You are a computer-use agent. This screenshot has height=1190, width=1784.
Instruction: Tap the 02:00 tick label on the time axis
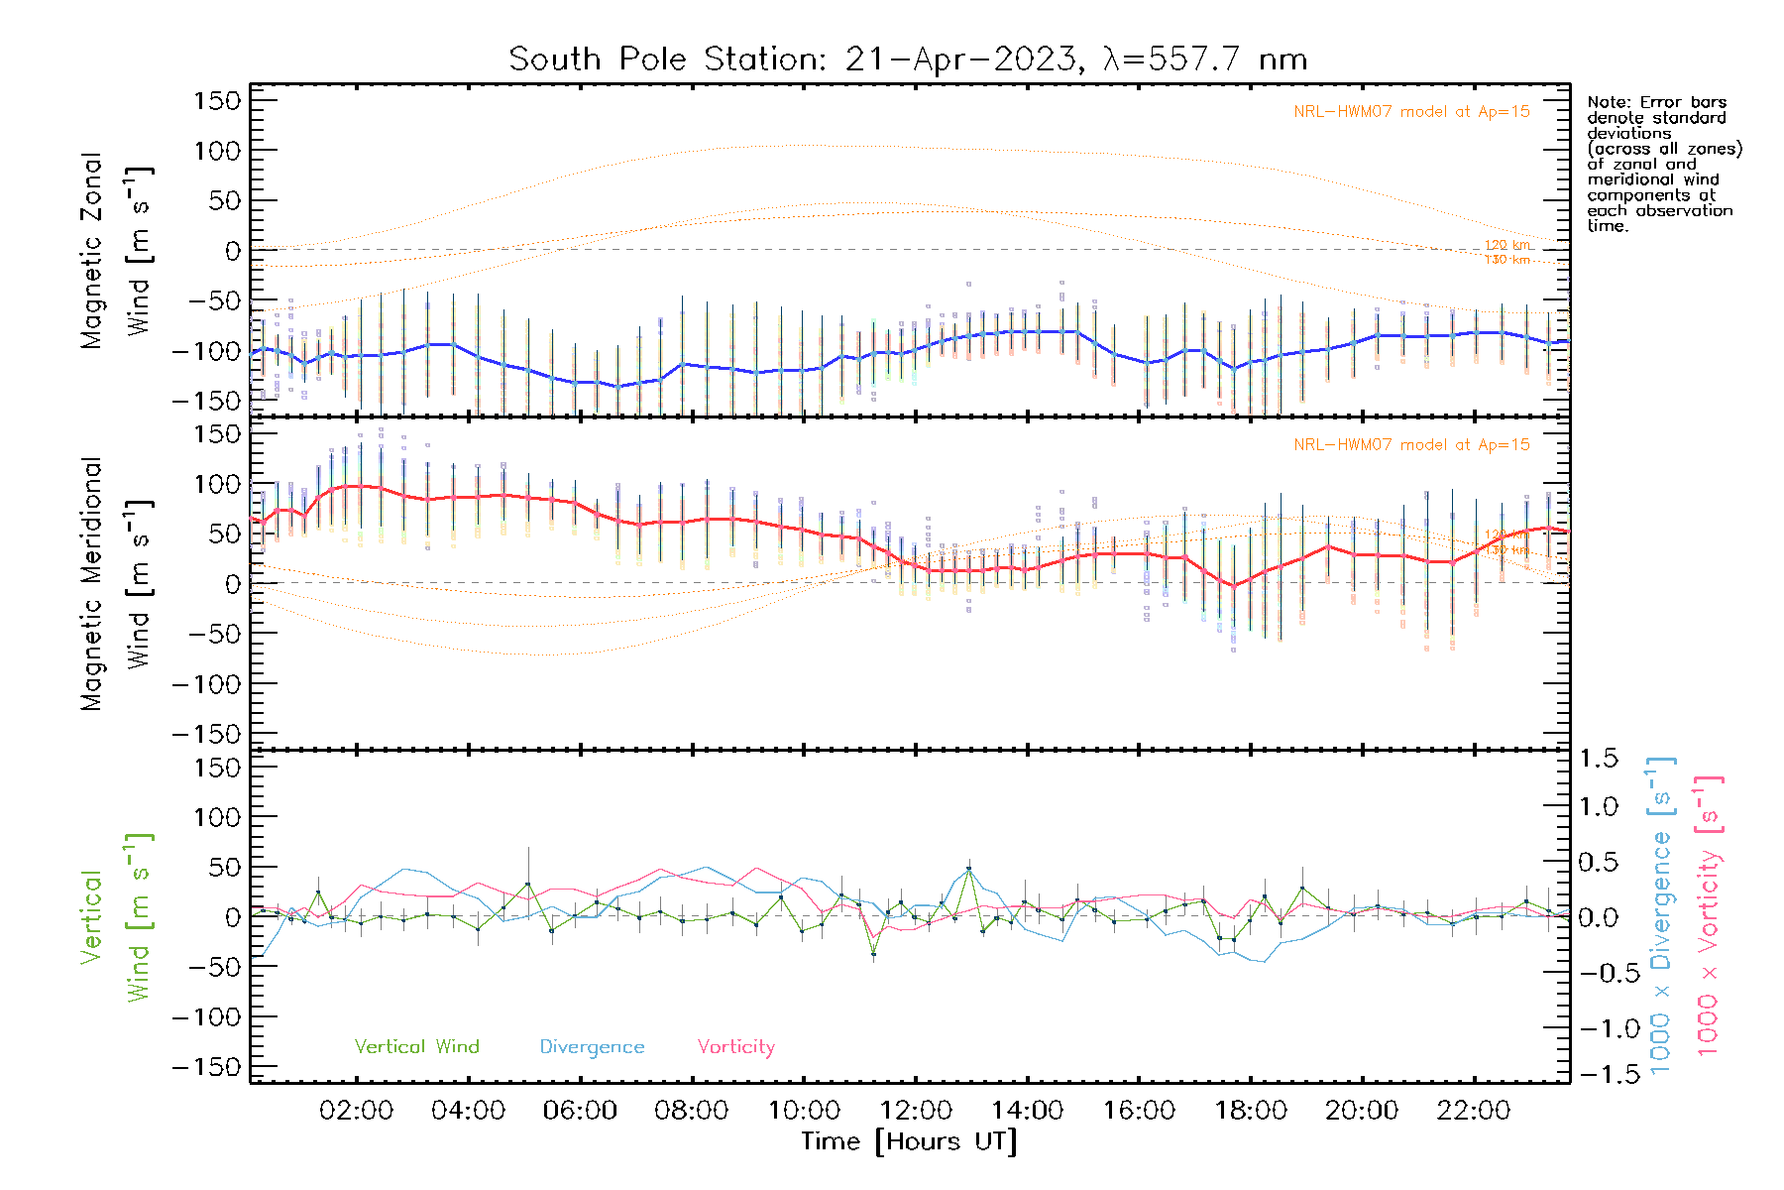tap(356, 1111)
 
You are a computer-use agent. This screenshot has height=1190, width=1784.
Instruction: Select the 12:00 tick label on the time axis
tap(915, 1111)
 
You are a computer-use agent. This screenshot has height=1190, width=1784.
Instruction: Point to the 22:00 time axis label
tap(1474, 1111)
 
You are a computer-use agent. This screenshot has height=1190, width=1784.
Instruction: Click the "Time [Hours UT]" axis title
tap(909, 1141)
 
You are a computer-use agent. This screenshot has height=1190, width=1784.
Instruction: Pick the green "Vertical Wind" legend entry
tap(416, 1047)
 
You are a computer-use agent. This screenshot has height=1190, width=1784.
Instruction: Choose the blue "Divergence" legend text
tap(592, 1047)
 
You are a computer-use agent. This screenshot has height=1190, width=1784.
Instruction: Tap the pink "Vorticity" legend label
tap(735, 1047)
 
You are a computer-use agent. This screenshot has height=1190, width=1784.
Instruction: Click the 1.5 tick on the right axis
tap(1599, 759)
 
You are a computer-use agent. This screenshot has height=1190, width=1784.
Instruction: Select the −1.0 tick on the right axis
tap(1599, 1028)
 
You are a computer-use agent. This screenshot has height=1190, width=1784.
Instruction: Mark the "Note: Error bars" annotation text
tap(1656, 102)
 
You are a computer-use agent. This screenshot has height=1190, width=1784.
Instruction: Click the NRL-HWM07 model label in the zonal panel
tap(1411, 112)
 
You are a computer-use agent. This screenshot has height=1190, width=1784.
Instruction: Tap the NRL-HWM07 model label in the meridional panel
tap(1411, 445)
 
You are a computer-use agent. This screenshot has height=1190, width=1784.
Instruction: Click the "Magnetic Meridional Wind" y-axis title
tap(114, 584)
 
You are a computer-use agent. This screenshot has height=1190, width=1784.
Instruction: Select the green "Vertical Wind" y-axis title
tap(114, 917)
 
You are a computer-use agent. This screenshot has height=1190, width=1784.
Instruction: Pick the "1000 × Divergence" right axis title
tap(1661, 917)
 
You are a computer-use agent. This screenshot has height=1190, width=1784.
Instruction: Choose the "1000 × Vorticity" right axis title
tap(1709, 917)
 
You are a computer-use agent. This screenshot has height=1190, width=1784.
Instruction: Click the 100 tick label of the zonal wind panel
tap(218, 151)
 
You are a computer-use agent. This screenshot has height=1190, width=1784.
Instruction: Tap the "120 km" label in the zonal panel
tap(1506, 245)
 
